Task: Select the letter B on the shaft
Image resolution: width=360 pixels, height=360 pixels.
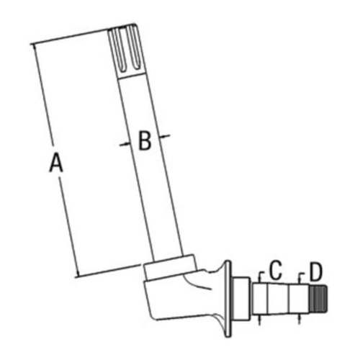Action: (x=145, y=141)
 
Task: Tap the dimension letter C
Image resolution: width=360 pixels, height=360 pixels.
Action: (x=275, y=271)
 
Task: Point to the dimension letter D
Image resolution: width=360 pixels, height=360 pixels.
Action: (x=315, y=271)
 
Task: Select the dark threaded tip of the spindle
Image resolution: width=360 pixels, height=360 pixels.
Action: (x=320, y=294)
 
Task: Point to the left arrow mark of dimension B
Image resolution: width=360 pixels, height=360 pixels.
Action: (x=123, y=144)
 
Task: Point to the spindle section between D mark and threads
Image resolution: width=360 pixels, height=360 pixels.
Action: (x=305, y=294)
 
